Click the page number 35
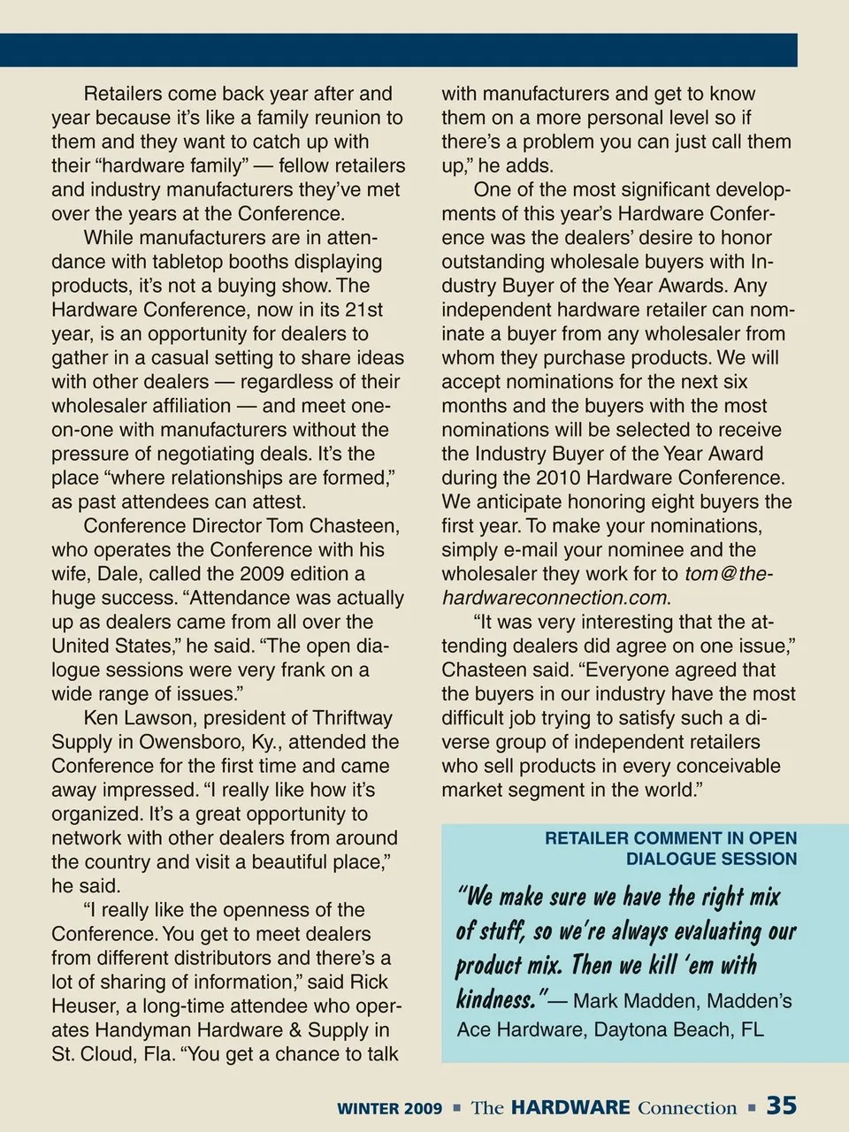(781, 1105)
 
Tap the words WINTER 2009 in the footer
(389, 1108)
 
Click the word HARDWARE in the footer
(570, 1107)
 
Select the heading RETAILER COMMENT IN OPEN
(670, 838)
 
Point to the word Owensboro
(186, 742)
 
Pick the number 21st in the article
(363, 310)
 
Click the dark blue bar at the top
(398, 50)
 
